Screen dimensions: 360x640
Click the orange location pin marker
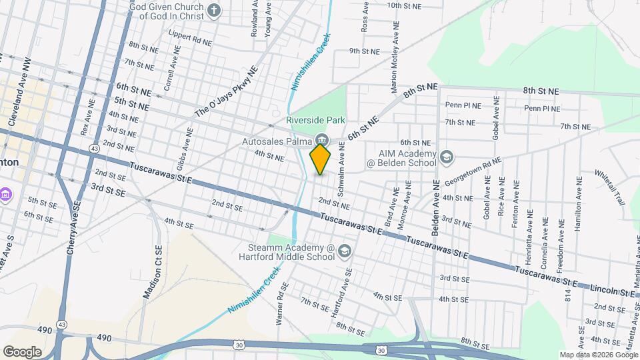pos(321,159)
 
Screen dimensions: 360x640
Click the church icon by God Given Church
pos(213,10)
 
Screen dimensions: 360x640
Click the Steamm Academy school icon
pos(345,251)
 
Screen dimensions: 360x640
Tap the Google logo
pos(22,351)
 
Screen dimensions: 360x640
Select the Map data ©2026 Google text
pos(597,355)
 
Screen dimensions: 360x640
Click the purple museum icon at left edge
pos(6,195)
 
